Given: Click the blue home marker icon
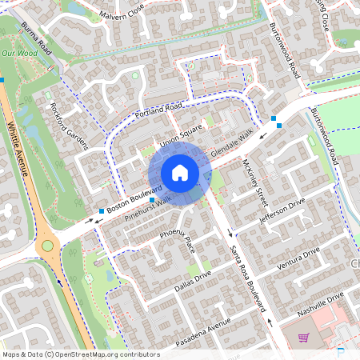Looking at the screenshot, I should click(180, 173).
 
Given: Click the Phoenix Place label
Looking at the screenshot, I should click(177, 238).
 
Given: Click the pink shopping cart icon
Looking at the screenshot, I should click(303, 338).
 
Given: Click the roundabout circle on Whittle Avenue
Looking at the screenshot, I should click(47, 246).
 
